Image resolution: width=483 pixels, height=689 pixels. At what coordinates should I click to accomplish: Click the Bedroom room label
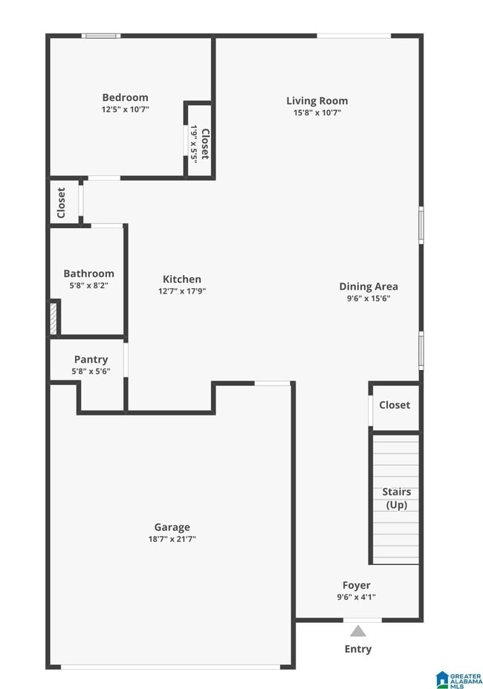coord(125,97)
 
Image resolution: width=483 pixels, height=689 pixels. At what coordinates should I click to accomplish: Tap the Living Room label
coord(317,101)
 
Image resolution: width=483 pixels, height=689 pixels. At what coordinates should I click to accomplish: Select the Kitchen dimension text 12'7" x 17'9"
coord(182,291)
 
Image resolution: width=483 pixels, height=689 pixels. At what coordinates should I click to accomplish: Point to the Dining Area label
coord(369,286)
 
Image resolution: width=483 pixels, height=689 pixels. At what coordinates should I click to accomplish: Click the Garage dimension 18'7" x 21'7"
coord(172,540)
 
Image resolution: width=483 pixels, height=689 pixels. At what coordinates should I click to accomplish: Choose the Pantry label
coord(91,360)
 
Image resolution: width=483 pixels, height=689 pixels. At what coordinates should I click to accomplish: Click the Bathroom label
coord(88,274)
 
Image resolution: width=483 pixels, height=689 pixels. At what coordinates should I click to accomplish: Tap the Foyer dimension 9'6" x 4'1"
coord(357,597)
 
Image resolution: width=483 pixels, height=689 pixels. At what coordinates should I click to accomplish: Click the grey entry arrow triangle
coord(358,631)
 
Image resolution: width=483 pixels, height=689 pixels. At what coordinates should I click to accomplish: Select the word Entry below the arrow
coord(358,649)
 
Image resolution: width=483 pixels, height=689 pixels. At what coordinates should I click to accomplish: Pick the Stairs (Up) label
coord(397,498)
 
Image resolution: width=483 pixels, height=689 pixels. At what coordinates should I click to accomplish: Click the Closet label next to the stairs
coord(395,405)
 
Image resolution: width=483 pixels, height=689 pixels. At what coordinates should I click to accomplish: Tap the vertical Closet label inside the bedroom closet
coord(205,144)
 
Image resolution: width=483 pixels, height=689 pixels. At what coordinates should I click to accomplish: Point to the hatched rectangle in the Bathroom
coord(54,318)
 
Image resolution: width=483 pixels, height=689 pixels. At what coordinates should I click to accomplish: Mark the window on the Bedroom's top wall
coord(100,35)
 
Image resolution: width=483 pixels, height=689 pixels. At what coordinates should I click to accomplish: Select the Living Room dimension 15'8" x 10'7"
coord(317,113)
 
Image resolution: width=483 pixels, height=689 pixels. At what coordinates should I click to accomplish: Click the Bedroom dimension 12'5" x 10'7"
coord(125,109)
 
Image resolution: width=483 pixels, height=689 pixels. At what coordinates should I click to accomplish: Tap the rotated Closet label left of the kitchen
coord(61,202)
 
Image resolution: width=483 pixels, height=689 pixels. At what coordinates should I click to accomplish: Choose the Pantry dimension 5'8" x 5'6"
coord(91,372)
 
